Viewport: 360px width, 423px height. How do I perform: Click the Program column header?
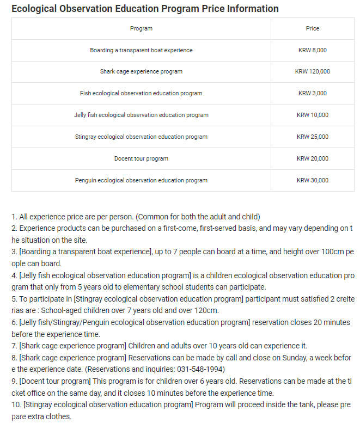[141, 28]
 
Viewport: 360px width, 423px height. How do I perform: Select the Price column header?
[313, 28]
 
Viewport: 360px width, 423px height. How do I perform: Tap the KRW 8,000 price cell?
[313, 50]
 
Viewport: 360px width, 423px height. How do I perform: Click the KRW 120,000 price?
[313, 71]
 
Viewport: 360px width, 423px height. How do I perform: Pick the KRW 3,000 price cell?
[313, 93]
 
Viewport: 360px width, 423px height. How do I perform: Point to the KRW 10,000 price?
[313, 115]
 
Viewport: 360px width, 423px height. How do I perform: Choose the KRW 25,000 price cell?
[313, 137]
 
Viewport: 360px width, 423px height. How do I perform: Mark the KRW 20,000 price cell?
[313, 158]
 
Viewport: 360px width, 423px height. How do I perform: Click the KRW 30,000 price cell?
[313, 180]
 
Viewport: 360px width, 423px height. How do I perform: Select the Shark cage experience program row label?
[141, 71]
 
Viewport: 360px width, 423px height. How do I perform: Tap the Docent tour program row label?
[141, 158]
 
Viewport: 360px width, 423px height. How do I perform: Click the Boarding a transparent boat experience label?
[141, 50]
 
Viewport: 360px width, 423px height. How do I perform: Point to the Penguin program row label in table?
[141, 180]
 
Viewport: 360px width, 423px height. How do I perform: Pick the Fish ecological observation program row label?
[141, 93]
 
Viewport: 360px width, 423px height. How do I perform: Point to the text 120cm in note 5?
[205, 310]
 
